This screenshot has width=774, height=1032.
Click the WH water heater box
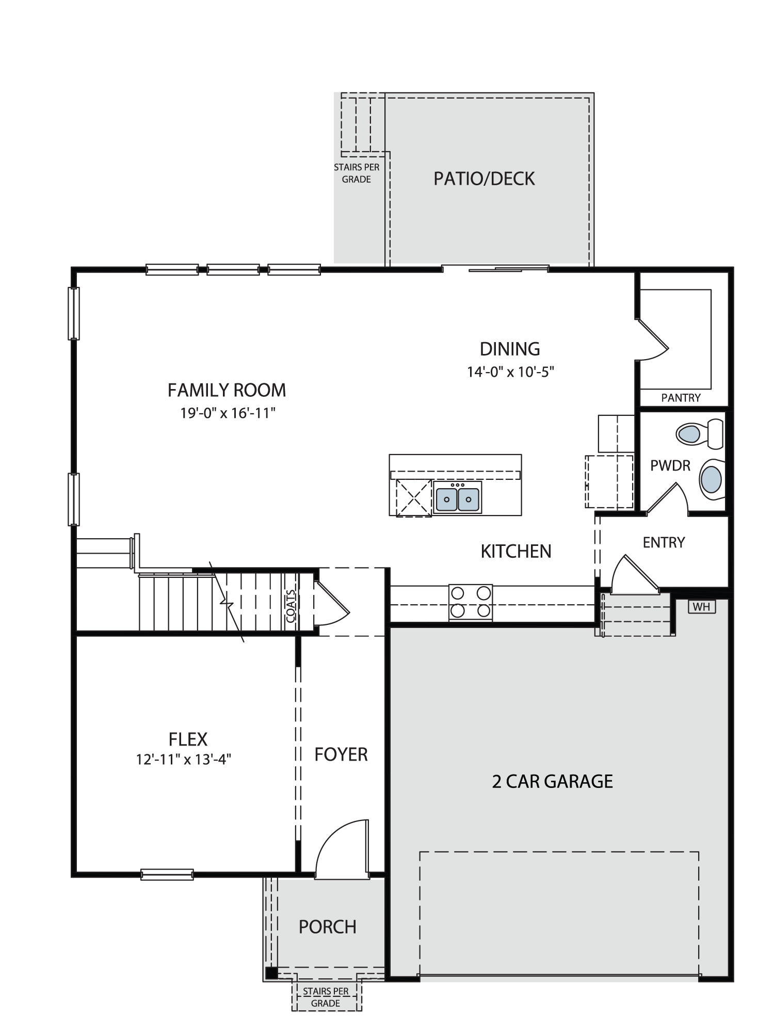[x=702, y=607]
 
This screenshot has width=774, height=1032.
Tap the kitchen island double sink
[x=458, y=498]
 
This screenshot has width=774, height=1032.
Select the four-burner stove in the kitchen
[x=470, y=602]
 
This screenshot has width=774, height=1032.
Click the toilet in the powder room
[x=700, y=434]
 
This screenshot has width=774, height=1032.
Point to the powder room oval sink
[x=712, y=478]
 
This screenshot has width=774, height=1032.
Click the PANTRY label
[x=681, y=398]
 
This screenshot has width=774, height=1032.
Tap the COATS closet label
[x=291, y=606]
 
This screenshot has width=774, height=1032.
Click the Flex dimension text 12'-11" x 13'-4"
[x=183, y=759]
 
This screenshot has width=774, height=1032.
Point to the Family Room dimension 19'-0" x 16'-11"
[x=228, y=413]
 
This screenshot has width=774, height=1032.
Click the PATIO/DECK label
[x=484, y=179]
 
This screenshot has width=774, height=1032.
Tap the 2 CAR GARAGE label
[x=552, y=782]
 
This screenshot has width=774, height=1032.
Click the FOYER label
[x=341, y=755]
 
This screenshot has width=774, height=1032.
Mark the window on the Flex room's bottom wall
[x=167, y=874]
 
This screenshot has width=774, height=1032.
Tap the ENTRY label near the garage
[x=664, y=542]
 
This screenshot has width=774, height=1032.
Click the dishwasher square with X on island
[x=414, y=497]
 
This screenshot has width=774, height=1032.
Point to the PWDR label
[x=670, y=466]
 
